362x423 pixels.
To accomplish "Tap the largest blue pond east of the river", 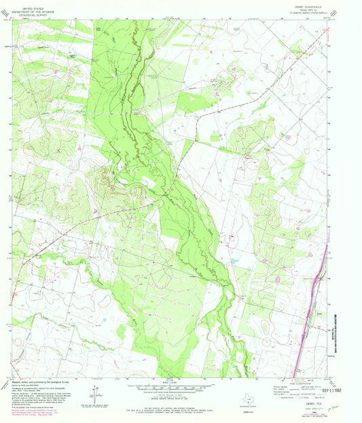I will (234, 260).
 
